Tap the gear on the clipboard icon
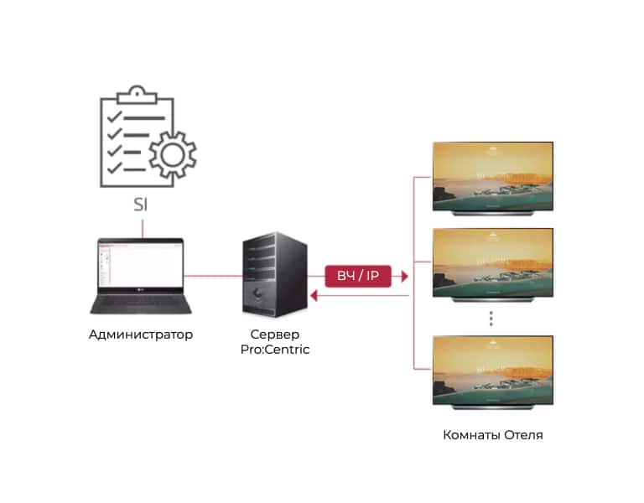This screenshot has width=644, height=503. pyautogui.click(x=173, y=155)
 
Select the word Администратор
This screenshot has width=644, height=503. pyautogui.click(x=141, y=334)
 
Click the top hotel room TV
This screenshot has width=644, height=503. pyautogui.click(x=492, y=179)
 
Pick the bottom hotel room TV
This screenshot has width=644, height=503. pyautogui.click(x=492, y=371)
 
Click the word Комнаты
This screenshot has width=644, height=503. pyautogui.click(x=470, y=435)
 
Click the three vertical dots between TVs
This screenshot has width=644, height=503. pyautogui.click(x=492, y=318)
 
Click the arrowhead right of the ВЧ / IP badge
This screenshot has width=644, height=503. pyautogui.click(x=405, y=275)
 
